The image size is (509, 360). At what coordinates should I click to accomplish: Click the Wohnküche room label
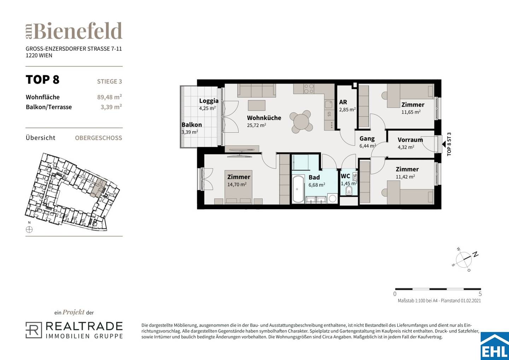[x=264, y=118]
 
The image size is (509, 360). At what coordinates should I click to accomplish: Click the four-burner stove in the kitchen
[x=309, y=89]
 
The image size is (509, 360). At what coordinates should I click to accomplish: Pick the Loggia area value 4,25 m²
[x=207, y=108]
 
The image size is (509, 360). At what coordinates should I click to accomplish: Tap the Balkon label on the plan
[x=192, y=125]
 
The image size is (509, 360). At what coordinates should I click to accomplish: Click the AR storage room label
[x=343, y=102]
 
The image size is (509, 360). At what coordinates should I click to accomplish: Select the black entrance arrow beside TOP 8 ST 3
[x=444, y=144]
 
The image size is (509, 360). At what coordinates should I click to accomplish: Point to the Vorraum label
[x=410, y=140]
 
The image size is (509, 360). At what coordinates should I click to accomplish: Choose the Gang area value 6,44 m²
[x=368, y=146]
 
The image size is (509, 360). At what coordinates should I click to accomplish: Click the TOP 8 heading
[x=42, y=80]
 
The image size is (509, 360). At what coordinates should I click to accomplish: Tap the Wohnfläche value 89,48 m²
[x=110, y=97]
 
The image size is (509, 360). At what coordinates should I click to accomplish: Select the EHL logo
[x=495, y=346]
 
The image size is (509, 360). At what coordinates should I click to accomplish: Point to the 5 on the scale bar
[x=480, y=294]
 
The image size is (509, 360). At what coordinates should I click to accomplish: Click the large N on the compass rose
[x=475, y=254]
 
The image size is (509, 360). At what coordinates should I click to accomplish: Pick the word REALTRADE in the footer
[x=84, y=327]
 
